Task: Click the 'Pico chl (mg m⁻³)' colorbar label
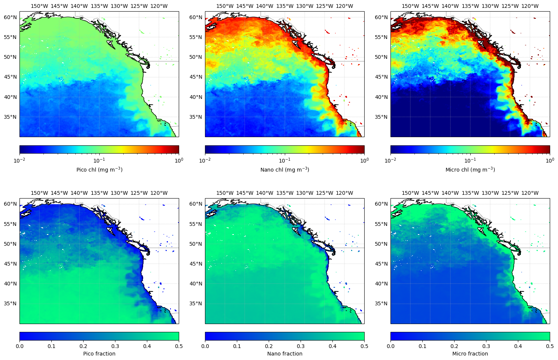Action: point(99,170)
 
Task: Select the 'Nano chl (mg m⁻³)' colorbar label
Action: point(285,170)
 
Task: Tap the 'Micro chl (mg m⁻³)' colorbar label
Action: point(470,170)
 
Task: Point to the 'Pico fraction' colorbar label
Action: point(99,354)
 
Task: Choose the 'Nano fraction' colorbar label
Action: point(285,354)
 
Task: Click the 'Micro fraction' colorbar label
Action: point(470,354)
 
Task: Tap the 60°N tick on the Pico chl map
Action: point(10,17)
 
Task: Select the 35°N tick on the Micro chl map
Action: point(381,117)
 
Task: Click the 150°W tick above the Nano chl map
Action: point(225,6)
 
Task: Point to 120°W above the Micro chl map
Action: point(530,6)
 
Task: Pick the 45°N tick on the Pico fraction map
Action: point(10,264)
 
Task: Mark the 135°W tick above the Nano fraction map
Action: point(285,193)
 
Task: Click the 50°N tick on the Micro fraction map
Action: point(381,244)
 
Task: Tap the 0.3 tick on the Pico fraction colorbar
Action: point(115,346)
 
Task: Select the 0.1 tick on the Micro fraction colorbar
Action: point(422,346)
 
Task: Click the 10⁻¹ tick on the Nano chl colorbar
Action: point(285,160)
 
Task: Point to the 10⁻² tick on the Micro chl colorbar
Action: point(390,160)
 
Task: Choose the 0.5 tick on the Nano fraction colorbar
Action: point(364,346)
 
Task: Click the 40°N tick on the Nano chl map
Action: point(196,97)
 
